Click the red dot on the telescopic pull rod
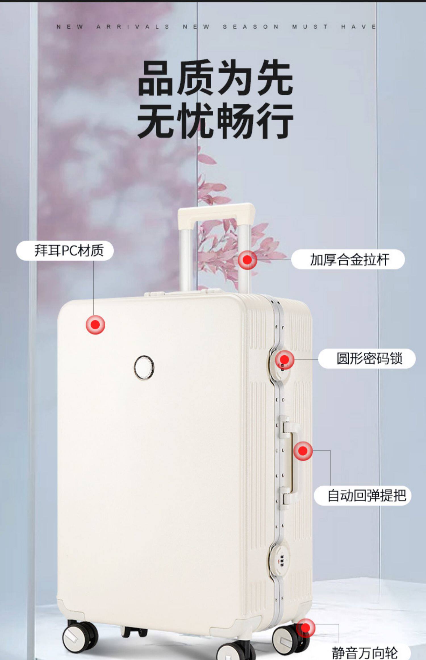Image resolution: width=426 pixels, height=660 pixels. (247, 260)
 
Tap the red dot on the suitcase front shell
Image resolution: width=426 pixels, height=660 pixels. (95, 325)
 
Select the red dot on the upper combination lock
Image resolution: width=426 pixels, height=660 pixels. (285, 360)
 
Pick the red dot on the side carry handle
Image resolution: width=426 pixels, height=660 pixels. (303, 451)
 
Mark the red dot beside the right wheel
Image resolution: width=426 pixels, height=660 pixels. (306, 628)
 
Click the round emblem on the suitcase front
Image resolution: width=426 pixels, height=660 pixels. (144, 368)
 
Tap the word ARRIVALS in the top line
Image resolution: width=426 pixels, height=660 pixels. (133, 27)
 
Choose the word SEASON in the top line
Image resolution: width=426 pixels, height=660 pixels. (250, 27)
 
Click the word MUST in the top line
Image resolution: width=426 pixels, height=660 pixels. (310, 27)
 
